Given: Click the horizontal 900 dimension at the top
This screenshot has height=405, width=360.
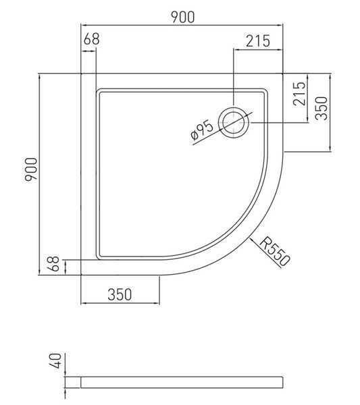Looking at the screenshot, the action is pyautogui.click(x=183, y=18).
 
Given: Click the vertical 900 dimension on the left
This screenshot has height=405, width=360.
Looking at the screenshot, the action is pyautogui.click(x=31, y=169).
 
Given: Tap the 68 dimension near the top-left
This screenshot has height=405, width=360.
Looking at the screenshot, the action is pyautogui.click(x=91, y=39).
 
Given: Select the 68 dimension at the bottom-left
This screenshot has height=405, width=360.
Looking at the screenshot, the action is pyautogui.click(x=53, y=264).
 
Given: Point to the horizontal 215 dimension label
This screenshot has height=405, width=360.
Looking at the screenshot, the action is pyautogui.click(x=257, y=41).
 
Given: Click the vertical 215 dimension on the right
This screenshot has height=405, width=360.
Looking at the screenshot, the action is pyautogui.click(x=299, y=94).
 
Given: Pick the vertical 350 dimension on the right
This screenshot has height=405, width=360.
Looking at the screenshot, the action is pyautogui.click(x=322, y=108).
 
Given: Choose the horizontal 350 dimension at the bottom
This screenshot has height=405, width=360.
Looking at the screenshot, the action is pyautogui.click(x=120, y=294).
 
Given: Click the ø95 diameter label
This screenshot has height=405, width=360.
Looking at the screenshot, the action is pyautogui.click(x=202, y=131).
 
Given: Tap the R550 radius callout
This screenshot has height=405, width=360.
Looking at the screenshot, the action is pyautogui.click(x=274, y=252).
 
